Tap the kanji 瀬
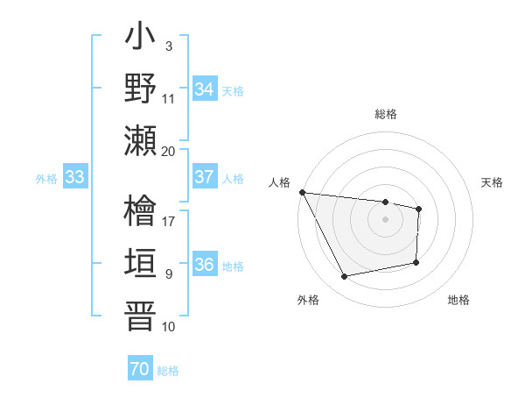pos(140,140)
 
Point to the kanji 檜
pos(140,210)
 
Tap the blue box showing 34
pos(205,89)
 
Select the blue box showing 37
pos(205,177)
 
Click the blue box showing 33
pos(74,178)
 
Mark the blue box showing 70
pos(140,370)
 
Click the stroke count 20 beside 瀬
pos(169,151)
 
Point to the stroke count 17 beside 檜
pos(169,221)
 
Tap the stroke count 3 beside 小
pos(168,46)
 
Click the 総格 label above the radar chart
pos(385,114)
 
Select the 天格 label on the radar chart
pos(493,182)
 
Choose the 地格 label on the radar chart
pos(458,300)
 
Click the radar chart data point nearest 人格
pos(302,192)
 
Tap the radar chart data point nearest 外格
pos(345,277)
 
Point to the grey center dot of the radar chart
pos(385,219)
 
